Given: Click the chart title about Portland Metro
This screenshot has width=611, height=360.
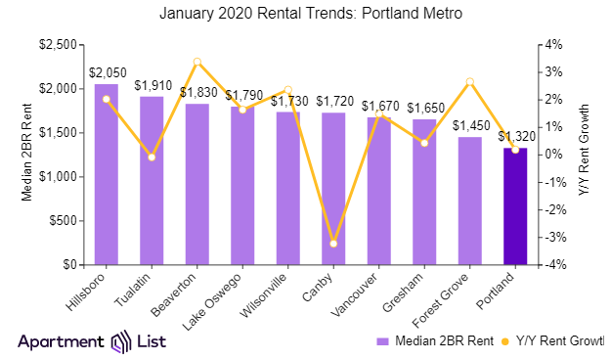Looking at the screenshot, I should click(x=305, y=14).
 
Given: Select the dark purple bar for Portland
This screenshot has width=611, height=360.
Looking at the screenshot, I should click(x=515, y=206).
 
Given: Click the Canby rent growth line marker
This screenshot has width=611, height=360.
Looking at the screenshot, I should click(x=333, y=243).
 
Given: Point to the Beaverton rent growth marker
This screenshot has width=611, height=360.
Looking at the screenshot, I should click(x=197, y=62).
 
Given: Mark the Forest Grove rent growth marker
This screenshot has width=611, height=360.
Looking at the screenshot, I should click(x=470, y=82).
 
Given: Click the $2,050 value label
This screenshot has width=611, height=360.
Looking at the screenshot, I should click(x=106, y=72).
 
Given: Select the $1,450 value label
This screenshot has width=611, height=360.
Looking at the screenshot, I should click(x=470, y=126).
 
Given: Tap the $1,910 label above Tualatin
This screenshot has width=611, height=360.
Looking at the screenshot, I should click(x=152, y=85).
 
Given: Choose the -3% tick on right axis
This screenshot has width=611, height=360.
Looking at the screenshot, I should click(x=554, y=238).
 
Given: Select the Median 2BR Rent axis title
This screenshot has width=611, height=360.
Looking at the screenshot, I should click(x=27, y=154).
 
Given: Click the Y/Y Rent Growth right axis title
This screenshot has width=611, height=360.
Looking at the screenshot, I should click(x=584, y=154).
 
